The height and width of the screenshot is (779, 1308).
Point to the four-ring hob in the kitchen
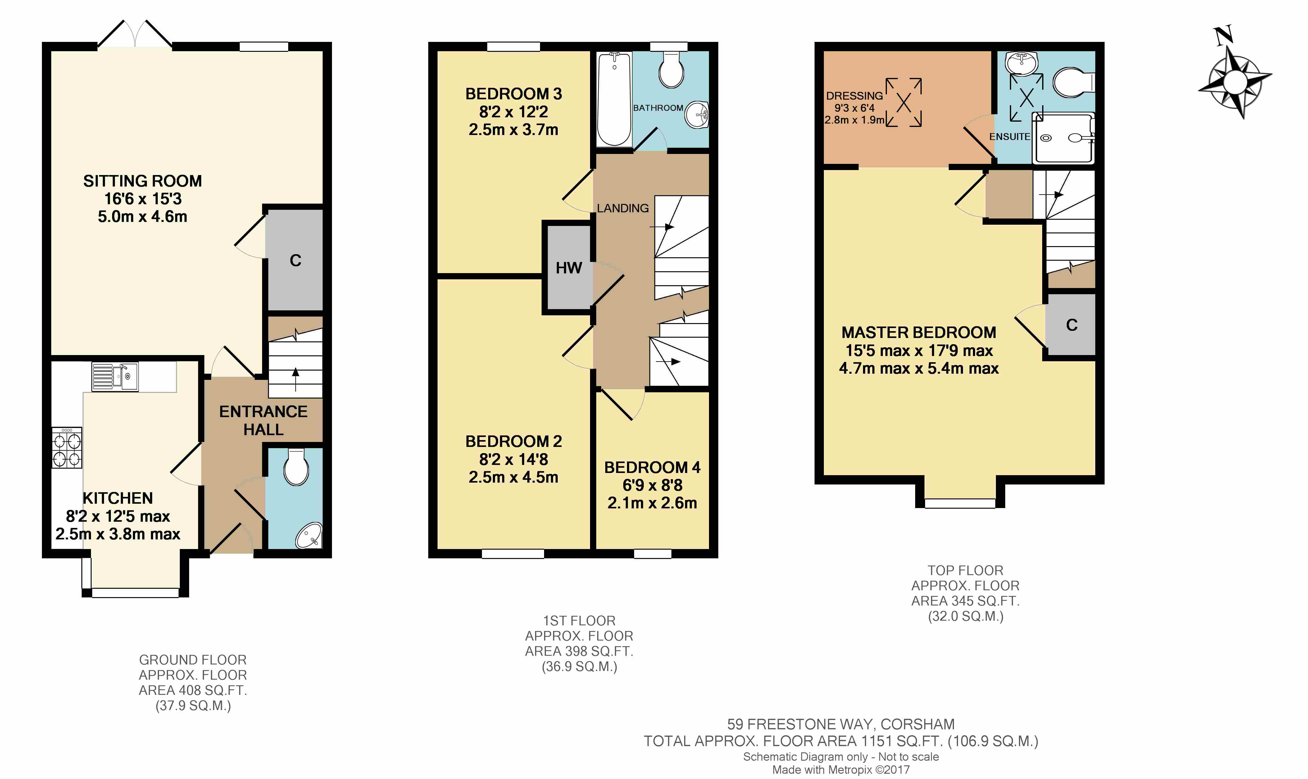(67, 448)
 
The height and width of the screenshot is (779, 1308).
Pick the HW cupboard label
(569, 268)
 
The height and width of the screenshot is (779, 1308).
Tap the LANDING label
(622, 208)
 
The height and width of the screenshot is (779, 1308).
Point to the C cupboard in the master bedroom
(1071, 325)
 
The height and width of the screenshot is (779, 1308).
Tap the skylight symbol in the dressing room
(904, 102)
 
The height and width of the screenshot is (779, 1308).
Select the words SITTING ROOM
(142, 181)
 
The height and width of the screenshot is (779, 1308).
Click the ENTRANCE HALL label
(263, 420)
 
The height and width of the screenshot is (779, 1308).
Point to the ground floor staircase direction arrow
(296, 379)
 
